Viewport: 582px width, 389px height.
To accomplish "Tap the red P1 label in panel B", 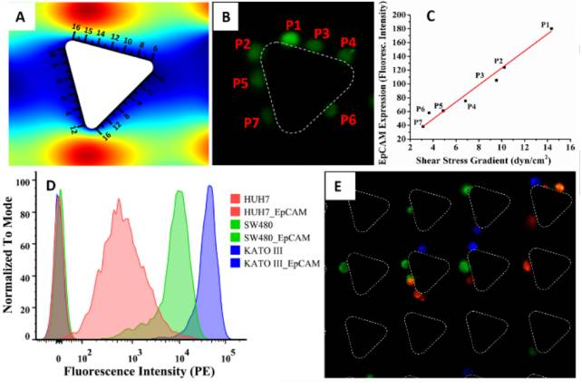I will click(x=292, y=26).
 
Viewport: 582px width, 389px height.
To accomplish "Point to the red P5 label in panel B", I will click(x=240, y=83).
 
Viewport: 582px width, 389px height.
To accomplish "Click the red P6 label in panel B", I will click(x=348, y=119).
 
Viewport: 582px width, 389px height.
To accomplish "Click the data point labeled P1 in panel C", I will click(x=551, y=29).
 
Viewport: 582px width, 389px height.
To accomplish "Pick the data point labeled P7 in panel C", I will click(x=422, y=126).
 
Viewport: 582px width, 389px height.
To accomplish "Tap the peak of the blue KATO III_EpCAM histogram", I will click(x=209, y=187).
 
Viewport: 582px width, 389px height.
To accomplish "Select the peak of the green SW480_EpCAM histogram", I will click(x=179, y=192).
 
